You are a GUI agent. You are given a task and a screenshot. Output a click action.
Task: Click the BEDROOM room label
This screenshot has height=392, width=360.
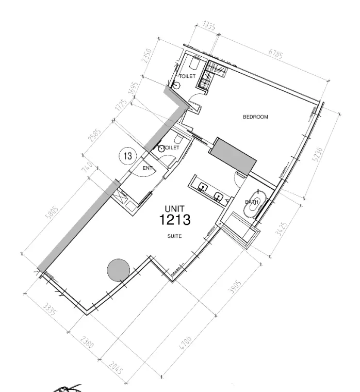255,117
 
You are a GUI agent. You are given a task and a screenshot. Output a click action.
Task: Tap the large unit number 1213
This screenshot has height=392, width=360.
175,221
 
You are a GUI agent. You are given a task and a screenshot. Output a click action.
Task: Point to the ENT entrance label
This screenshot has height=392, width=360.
148,168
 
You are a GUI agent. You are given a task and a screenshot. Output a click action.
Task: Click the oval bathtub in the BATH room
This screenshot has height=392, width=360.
254,204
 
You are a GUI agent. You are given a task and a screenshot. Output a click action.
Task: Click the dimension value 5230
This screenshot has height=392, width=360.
320,154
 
